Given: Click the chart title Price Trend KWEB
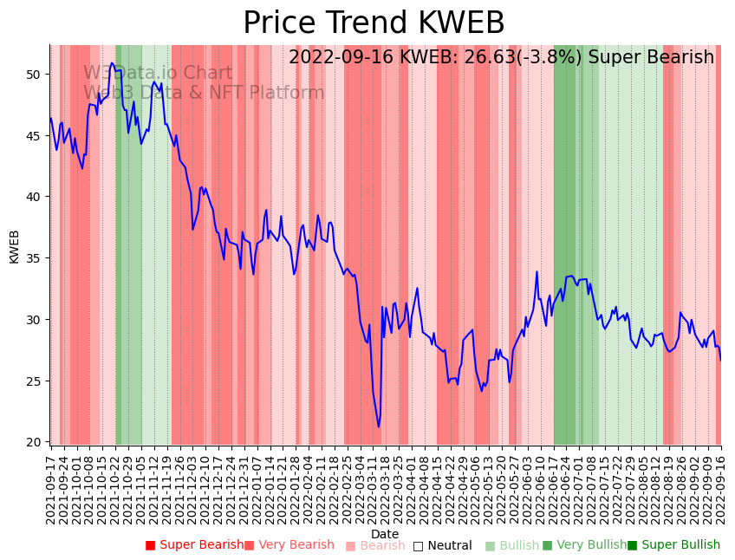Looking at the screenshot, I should point(374,23).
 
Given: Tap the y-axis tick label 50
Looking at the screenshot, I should point(34,75).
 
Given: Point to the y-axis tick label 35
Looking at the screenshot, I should point(34,258).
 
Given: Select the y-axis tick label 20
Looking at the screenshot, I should point(34,442).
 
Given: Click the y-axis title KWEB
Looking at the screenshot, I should point(14,246).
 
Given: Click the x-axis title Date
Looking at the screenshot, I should point(385,534).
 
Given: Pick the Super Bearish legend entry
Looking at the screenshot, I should point(195,545).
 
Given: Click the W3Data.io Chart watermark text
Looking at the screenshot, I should point(158,73).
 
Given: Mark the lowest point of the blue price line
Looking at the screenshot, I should point(378,427).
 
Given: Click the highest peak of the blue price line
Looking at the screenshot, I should point(112,62).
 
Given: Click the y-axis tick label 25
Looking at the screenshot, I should point(34,381).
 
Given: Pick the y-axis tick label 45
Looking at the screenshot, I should point(34,136).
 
